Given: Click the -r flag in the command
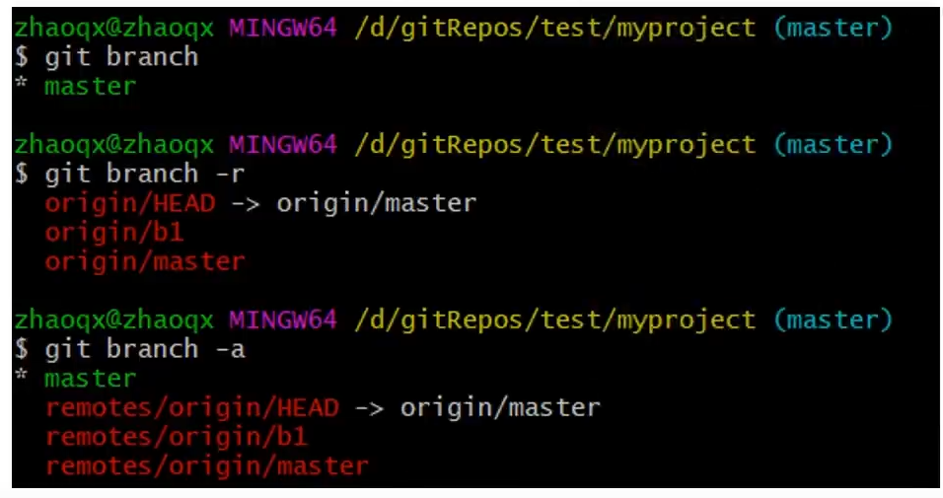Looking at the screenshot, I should [x=229, y=175].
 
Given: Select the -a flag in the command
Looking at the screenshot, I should [x=229, y=349].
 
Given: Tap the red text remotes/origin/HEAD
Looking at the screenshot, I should [x=191, y=407].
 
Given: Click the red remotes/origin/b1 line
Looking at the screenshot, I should [x=177, y=436].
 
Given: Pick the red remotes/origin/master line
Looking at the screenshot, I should [x=206, y=465].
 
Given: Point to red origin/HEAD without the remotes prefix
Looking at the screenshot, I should [x=129, y=204].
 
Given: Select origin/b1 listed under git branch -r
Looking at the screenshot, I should [x=114, y=233].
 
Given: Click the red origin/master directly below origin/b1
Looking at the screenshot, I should [x=145, y=262].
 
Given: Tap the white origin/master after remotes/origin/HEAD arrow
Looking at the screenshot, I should [x=499, y=407].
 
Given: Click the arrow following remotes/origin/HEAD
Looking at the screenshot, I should [x=368, y=407].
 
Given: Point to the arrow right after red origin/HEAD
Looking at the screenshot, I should [x=245, y=204].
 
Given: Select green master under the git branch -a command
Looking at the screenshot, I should [x=91, y=379].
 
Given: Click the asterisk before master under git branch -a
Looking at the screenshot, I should [x=22, y=377].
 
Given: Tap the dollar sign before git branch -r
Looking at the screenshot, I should [x=22, y=175].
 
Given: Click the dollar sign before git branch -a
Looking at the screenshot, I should [x=22, y=349].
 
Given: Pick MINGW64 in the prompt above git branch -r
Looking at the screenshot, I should [x=283, y=146].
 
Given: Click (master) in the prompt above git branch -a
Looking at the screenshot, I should [x=833, y=320].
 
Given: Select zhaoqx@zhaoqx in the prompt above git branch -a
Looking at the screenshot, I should [x=114, y=320].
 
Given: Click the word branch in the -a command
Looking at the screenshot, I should [x=152, y=349].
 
